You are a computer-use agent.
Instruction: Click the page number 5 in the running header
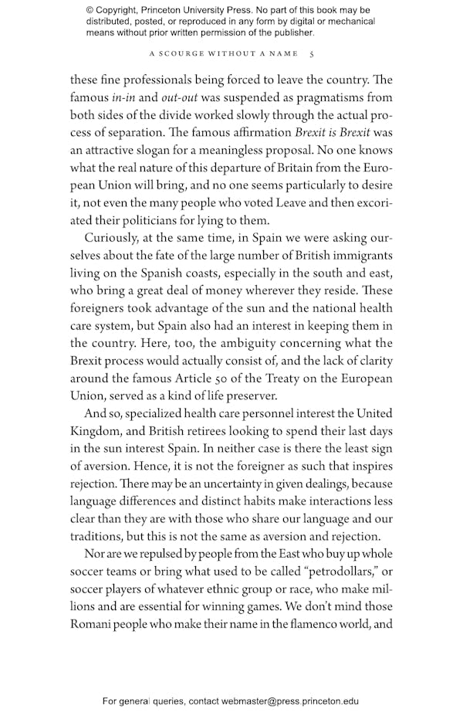click(311, 54)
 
